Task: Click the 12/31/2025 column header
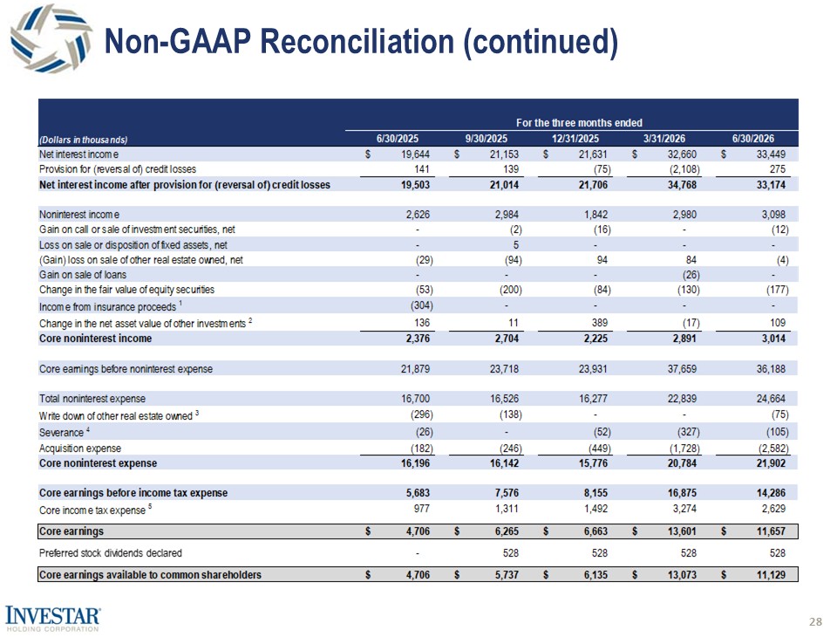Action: (x=575, y=139)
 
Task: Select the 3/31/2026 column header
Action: (x=664, y=139)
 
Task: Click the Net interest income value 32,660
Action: (x=682, y=154)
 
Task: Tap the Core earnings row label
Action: (x=71, y=531)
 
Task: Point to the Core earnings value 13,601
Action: (x=682, y=531)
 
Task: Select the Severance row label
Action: (x=61, y=432)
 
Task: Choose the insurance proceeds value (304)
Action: (x=421, y=305)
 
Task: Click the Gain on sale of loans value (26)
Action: (x=691, y=275)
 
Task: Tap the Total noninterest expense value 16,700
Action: (x=415, y=399)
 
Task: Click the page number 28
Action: (x=816, y=621)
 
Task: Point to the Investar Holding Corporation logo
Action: (x=52, y=619)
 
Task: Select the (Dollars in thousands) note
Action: (x=84, y=140)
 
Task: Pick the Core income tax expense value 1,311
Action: (x=507, y=508)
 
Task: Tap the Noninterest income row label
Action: (x=79, y=215)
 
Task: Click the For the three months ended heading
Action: (x=579, y=123)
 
